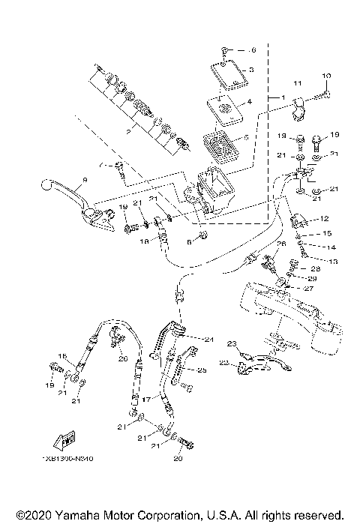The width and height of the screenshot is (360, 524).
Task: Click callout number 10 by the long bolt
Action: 325,76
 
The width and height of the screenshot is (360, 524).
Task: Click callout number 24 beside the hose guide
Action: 209,340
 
